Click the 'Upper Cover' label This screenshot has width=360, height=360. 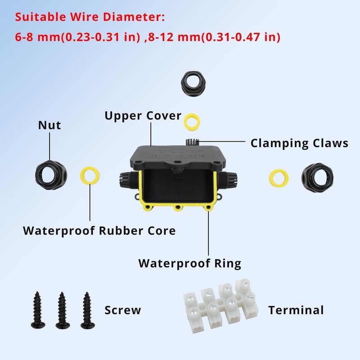tap(143, 116)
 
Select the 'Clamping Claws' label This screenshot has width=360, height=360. tap(299, 143)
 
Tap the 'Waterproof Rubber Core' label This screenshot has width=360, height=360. tap(99, 231)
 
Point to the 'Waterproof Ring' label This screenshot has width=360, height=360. tap(189, 263)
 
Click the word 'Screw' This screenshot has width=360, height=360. tap(122, 310)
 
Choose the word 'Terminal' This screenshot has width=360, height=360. tap(296, 310)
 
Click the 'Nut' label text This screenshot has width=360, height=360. tap(49, 126)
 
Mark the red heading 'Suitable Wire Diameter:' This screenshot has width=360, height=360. tap(90, 18)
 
